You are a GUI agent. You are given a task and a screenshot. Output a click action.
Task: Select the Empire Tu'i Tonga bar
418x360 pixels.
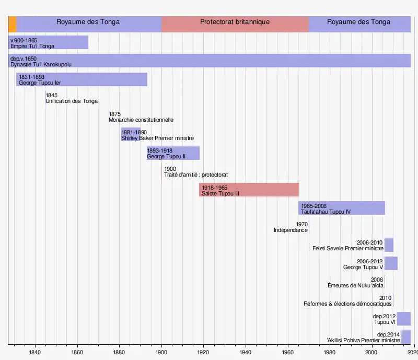(x=48, y=43)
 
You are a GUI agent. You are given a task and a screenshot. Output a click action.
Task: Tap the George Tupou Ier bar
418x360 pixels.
(x=82, y=79)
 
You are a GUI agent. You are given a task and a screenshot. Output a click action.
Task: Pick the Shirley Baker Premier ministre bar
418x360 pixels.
(x=134, y=135)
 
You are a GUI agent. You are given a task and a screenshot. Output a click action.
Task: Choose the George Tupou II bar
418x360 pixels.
(x=173, y=153)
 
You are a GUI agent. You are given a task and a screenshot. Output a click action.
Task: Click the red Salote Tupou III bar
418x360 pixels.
(x=249, y=190)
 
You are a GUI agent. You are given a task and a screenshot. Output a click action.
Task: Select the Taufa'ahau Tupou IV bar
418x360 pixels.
(x=342, y=208)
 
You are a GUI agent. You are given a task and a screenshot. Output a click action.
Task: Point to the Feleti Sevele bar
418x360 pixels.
(x=389, y=245)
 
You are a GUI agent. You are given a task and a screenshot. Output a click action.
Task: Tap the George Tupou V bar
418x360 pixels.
(x=391, y=263)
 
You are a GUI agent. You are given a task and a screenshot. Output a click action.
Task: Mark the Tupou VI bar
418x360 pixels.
(x=404, y=319)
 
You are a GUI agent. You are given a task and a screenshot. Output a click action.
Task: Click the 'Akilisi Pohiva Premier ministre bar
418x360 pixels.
(x=406, y=337)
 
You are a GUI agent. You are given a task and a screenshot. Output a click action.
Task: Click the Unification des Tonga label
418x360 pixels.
(x=72, y=101)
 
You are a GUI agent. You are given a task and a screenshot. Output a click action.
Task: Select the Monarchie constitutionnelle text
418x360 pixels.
(x=141, y=120)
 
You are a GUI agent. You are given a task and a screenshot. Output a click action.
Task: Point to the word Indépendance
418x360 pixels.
(x=291, y=230)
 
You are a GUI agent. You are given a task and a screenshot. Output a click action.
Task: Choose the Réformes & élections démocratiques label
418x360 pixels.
(x=347, y=304)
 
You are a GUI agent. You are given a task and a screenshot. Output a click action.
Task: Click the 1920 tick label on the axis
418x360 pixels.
(x=203, y=353)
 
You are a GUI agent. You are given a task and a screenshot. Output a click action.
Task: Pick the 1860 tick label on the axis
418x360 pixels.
(x=77, y=353)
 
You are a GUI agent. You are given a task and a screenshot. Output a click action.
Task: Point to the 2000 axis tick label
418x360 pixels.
(x=371, y=353)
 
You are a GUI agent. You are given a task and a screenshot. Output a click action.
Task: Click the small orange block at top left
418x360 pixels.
(x=12, y=24)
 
